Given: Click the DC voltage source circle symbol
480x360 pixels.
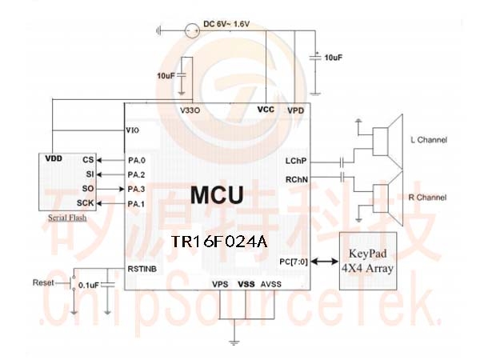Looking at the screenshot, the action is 192,30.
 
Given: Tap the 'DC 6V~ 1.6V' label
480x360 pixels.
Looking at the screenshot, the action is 226,24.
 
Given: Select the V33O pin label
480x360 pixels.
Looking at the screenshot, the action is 190,110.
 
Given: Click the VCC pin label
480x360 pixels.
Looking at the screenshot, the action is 266,110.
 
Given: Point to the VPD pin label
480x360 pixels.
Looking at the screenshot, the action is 296,110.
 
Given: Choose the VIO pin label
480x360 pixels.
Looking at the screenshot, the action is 133,130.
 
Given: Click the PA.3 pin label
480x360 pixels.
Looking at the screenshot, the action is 136,189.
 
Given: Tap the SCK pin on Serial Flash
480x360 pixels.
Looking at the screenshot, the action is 85,203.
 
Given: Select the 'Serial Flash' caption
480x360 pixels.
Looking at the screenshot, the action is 67,218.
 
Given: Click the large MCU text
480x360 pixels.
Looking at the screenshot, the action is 217,195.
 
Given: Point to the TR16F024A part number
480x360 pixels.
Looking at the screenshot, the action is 219,242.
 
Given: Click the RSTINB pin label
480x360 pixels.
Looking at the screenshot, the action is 142,269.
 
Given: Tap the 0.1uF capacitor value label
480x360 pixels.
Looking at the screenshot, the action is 89,286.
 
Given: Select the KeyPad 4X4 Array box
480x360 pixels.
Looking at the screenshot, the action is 368,261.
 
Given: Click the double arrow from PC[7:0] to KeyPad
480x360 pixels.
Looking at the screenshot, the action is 325,261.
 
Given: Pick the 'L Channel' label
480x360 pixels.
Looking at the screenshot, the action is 429,140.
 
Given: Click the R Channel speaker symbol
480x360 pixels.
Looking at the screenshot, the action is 388,198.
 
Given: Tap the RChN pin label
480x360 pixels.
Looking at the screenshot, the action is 297,179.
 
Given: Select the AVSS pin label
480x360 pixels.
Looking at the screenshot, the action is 271,284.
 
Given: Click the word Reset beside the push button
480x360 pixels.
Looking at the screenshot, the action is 43,282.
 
